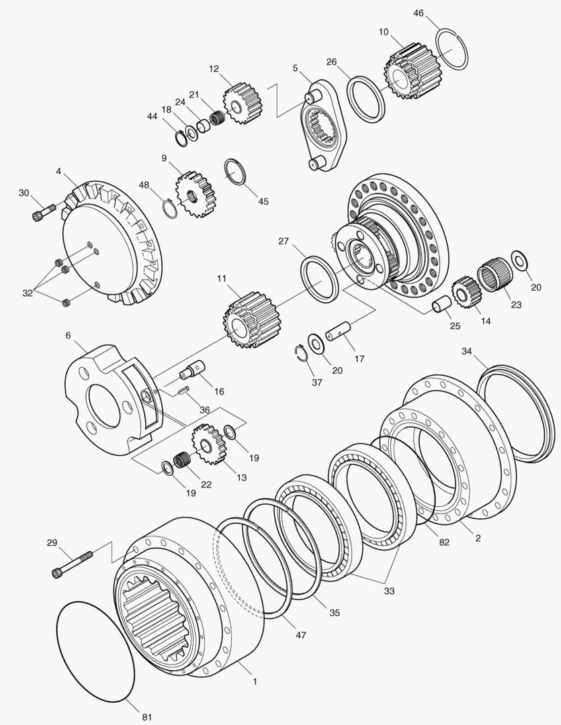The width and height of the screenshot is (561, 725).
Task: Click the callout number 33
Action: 389,591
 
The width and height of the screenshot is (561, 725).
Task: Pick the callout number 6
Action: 68,334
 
